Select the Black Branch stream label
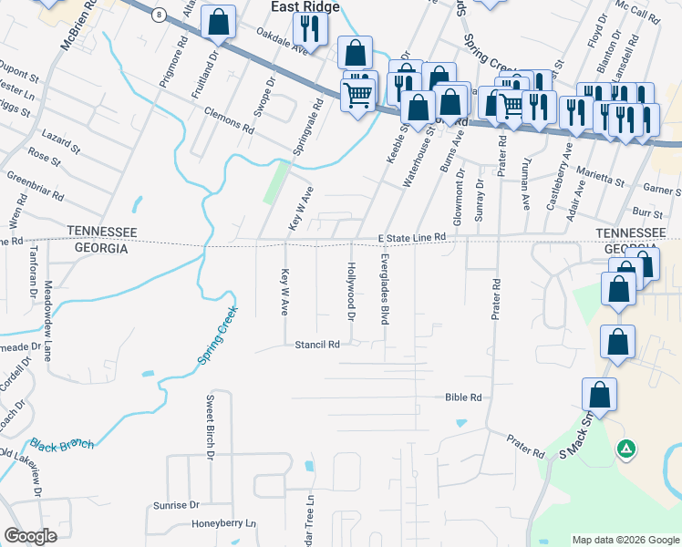[61, 444]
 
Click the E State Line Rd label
[412, 237]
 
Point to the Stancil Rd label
[317, 345]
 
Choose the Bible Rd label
[462, 397]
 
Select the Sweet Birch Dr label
[210, 426]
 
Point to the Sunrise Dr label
[176, 504]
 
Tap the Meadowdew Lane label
[48, 320]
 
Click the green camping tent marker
[626, 448]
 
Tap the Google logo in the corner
[30, 536]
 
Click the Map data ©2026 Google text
[625, 540]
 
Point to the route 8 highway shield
[159, 15]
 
